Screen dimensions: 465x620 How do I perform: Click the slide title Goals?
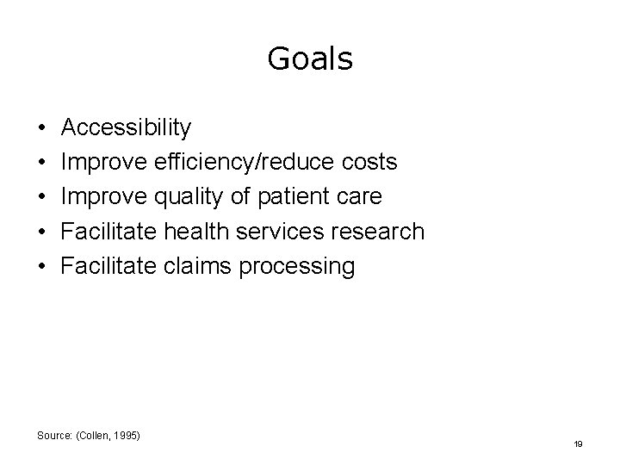(x=310, y=59)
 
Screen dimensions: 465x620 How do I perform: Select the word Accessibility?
(x=127, y=129)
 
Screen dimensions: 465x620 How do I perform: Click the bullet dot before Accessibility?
(x=43, y=129)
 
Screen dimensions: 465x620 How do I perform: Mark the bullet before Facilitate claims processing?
(x=43, y=267)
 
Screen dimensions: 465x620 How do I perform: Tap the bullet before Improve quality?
(x=43, y=198)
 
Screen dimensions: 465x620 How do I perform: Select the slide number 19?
(x=578, y=444)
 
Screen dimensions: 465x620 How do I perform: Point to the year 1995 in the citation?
(x=125, y=435)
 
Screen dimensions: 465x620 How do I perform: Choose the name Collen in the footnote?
(x=95, y=435)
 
